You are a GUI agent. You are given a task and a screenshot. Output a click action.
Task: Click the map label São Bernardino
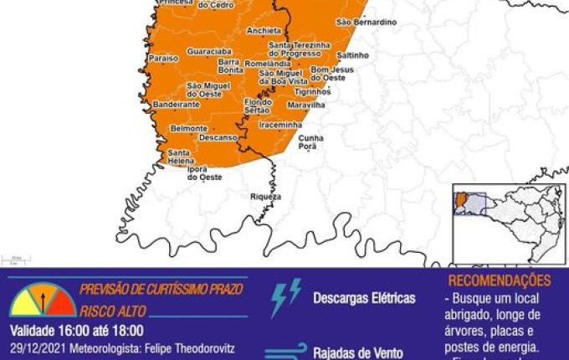[366, 22]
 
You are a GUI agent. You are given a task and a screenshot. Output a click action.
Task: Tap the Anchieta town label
[264, 30]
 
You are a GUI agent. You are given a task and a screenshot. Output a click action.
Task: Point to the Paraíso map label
[161, 59]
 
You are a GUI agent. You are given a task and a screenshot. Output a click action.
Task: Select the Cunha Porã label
[312, 141]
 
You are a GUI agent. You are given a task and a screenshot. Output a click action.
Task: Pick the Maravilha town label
[304, 105]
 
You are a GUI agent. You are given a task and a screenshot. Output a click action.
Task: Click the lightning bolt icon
[284, 298]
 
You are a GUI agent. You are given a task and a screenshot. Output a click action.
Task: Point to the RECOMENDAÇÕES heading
[500, 281]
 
